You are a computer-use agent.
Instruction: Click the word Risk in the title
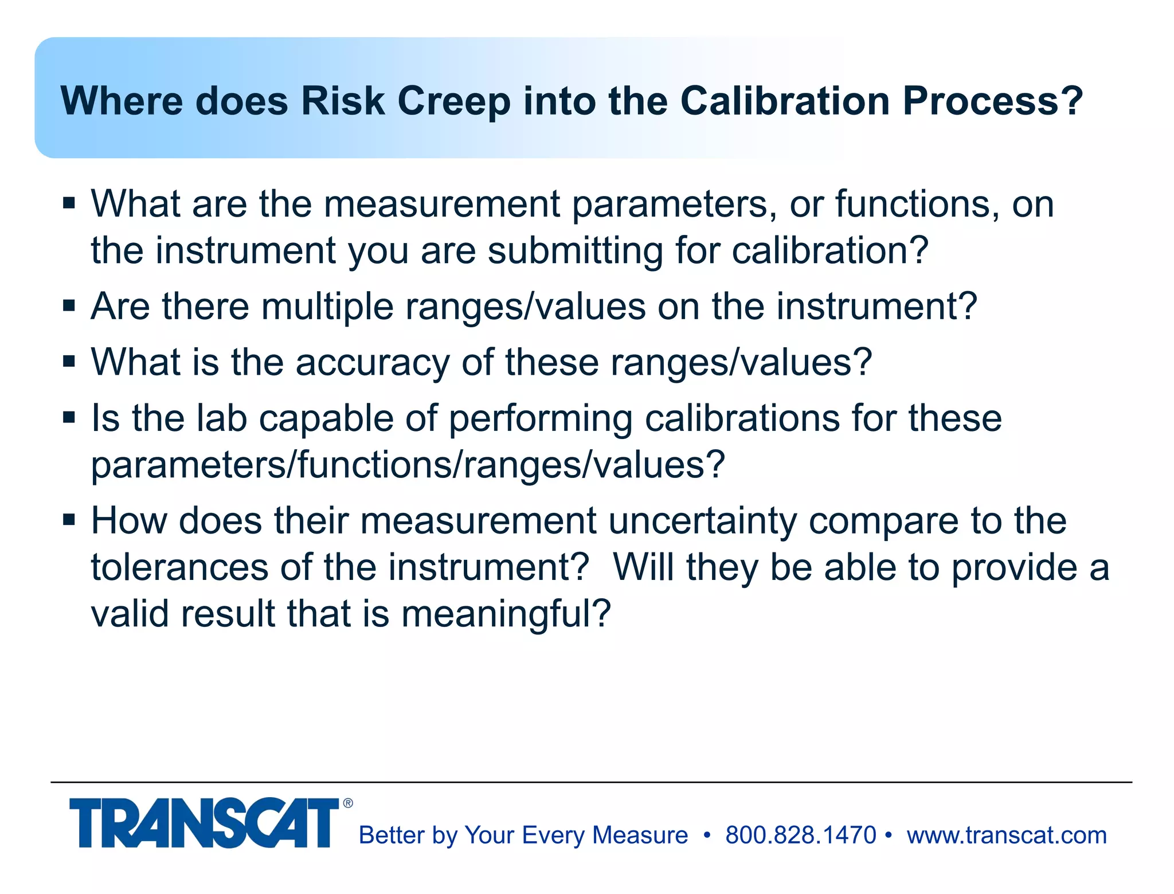[342, 101]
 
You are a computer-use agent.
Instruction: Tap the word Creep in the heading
[453, 101]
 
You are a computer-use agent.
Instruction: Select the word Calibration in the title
[785, 101]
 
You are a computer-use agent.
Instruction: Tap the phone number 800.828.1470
[800, 835]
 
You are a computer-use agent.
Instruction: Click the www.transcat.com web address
[1007, 835]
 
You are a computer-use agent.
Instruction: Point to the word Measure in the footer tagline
[640, 835]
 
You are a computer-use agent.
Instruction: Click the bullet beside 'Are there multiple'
[69, 305]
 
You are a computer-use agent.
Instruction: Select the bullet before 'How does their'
[69, 520]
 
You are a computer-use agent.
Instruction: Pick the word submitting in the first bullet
[576, 250]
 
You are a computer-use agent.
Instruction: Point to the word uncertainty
[702, 521]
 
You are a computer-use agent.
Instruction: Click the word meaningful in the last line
[506, 614]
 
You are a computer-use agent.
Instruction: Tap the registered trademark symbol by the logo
[348, 803]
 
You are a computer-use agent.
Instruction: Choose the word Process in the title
[992, 101]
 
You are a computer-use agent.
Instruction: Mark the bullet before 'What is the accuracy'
[69, 362]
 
